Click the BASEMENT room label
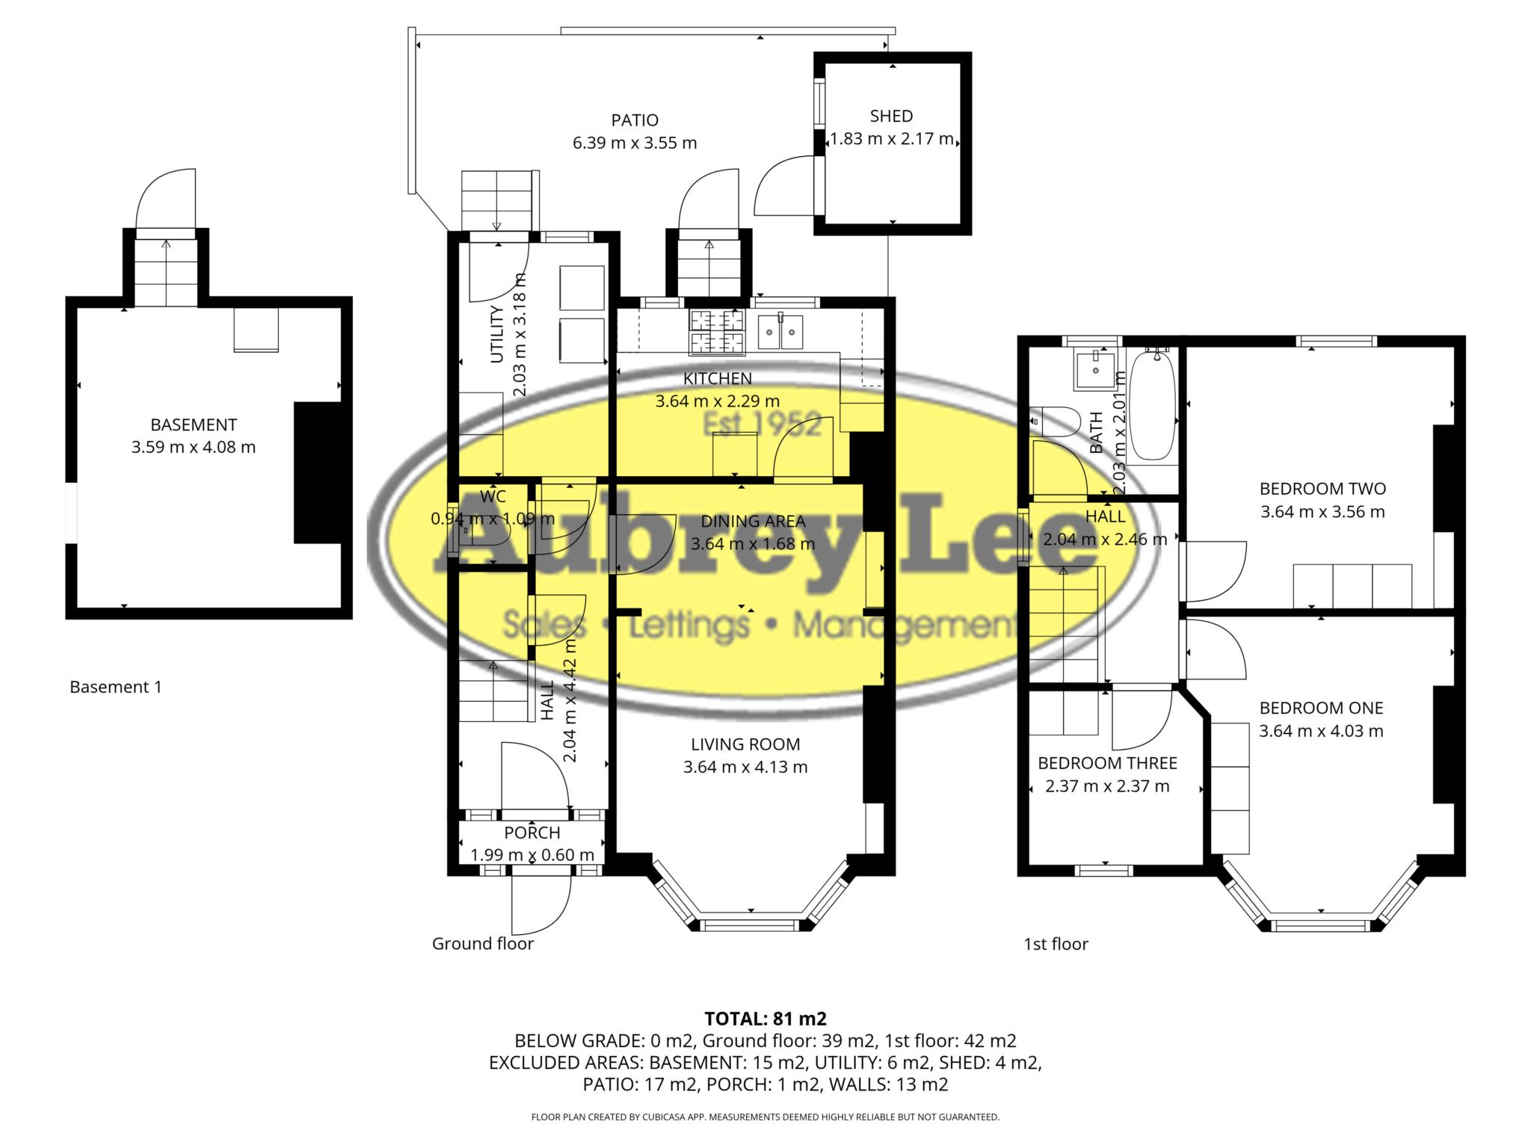[194, 425]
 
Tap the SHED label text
[891, 116]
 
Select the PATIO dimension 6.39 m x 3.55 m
[635, 142]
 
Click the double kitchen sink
[780, 332]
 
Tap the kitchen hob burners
[717, 331]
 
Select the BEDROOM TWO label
[1322, 489]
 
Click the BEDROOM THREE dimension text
[1107, 786]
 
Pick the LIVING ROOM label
[745, 744]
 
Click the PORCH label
[532, 833]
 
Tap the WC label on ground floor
[493, 496]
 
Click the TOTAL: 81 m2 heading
[765, 1018]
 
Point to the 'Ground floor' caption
[483, 944]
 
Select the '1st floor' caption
[1056, 944]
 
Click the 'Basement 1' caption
[115, 687]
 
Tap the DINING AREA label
[753, 521]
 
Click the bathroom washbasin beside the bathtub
[1094, 370]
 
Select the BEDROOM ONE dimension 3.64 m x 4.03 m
[1321, 731]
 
